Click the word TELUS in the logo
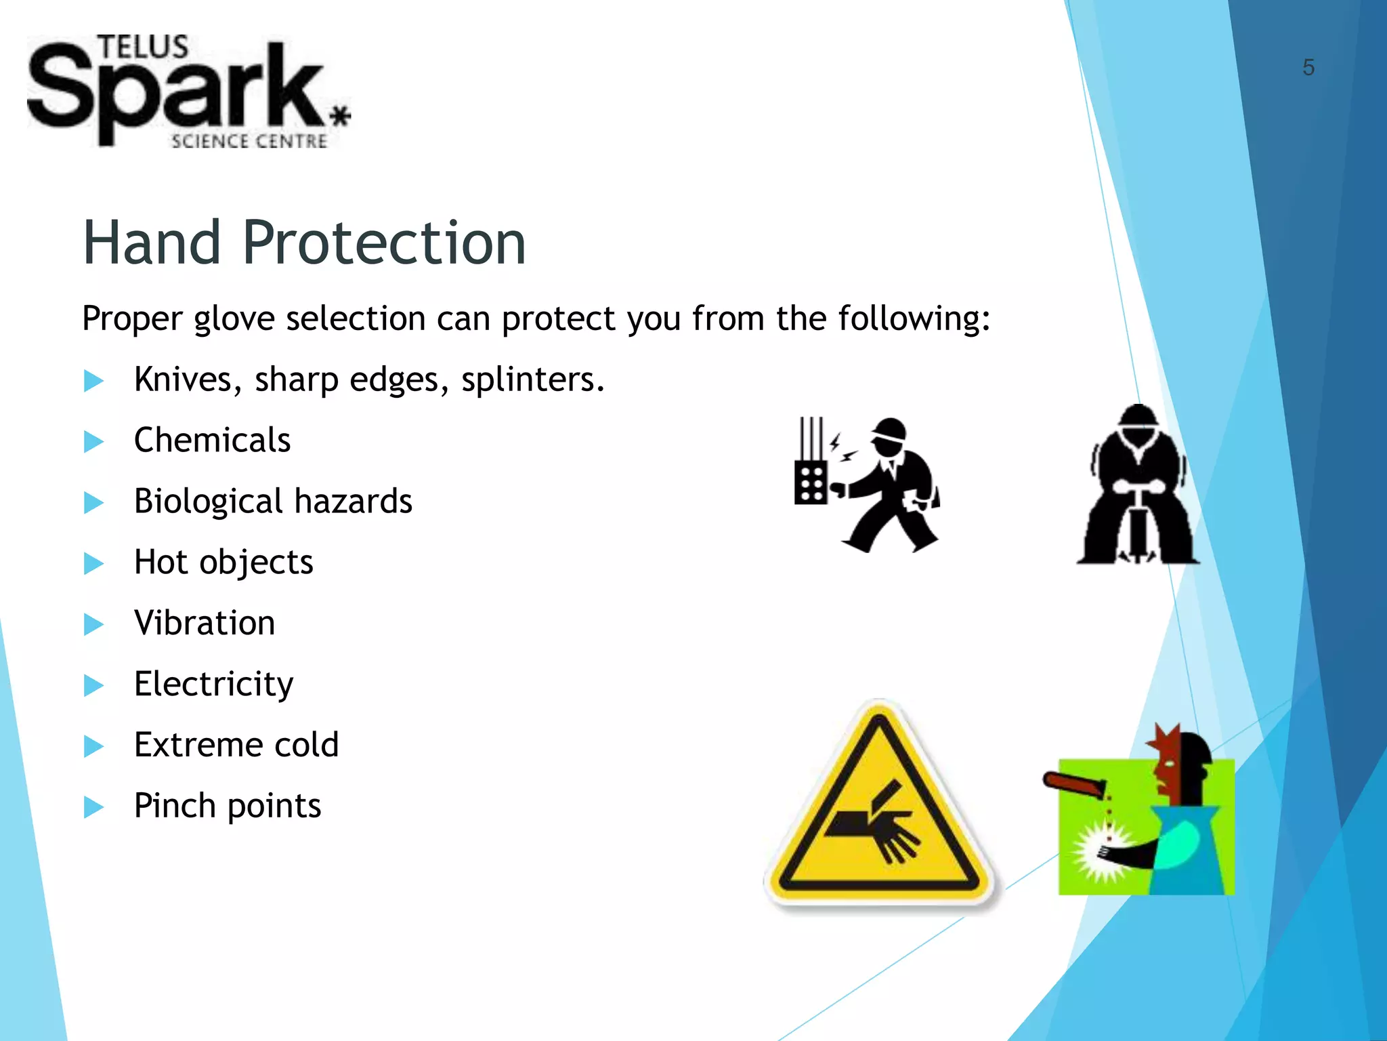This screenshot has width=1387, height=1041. pos(143,48)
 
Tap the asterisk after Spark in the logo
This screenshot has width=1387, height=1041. pos(341,116)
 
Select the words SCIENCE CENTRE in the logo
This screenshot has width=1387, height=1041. pos(249,141)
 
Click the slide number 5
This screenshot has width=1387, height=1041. pos(1308,68)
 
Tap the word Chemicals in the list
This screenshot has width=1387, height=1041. pos(212,440)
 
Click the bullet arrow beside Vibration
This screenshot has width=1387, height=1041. pos(93,624)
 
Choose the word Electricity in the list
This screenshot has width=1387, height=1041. pos(214,684)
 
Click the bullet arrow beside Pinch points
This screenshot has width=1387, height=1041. pos(93,807)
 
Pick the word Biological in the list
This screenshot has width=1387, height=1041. pos(209,502)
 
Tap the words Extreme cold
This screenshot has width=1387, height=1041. pos(236,745)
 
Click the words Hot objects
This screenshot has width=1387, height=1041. pos(223,563)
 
